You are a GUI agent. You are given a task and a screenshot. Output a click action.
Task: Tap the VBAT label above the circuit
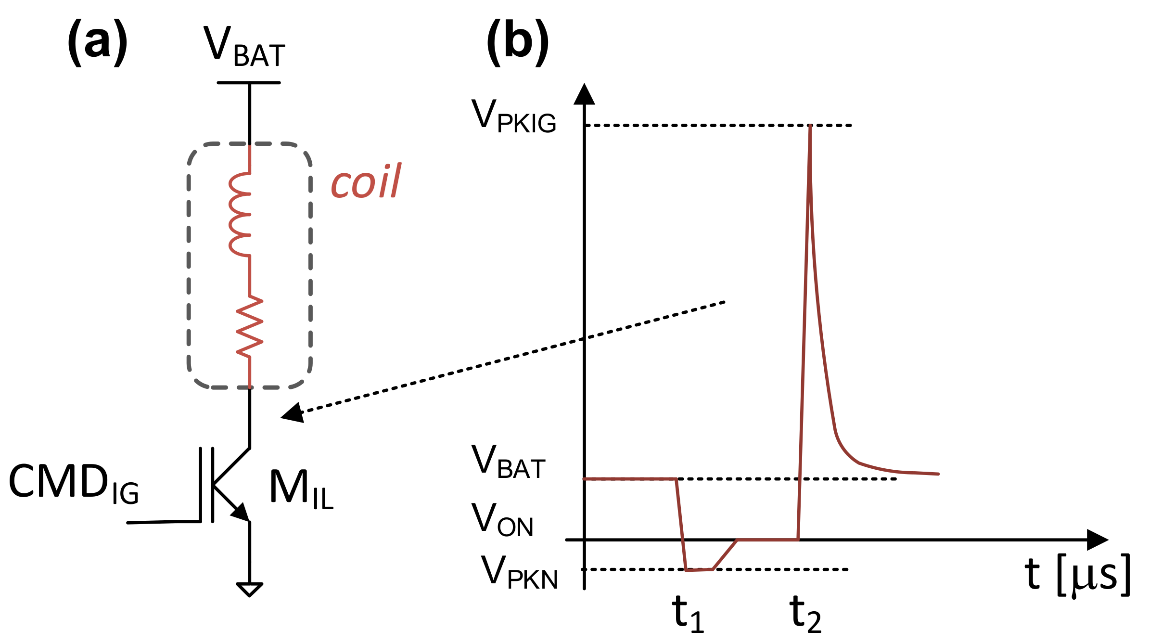(244, 47)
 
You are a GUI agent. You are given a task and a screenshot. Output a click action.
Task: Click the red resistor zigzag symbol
(249, 326)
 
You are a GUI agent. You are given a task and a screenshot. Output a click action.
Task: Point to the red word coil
(366, 181)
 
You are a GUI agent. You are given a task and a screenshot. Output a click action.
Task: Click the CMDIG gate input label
(74, 483)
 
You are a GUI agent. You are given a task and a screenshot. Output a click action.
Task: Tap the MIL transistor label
(301, 489)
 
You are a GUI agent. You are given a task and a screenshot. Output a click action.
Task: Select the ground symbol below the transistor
(249, 589)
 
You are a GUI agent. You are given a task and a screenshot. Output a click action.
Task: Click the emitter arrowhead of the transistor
(241, 512)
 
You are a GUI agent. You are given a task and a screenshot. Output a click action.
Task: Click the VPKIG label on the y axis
(513, 116)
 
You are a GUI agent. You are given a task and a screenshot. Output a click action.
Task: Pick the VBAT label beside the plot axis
(508, 462)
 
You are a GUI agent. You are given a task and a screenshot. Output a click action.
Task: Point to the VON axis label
(502, 520)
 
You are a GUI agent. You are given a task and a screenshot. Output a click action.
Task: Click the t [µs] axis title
(1077, 575)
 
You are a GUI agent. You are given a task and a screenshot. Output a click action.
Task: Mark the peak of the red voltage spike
(810, 127)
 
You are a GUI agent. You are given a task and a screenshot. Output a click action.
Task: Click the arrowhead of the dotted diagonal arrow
(293, 413)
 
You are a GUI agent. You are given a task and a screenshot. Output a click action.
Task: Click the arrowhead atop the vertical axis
(584, 94)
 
